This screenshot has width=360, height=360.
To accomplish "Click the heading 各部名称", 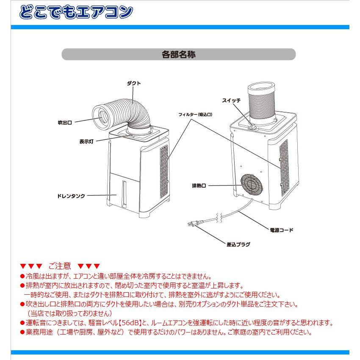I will point(178,55).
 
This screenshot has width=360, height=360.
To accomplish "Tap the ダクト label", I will point(133,83).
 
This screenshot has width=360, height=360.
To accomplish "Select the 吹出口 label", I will point(65,122).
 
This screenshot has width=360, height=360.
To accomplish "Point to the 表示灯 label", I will point(86,141).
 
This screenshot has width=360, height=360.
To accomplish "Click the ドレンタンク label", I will point(71,196).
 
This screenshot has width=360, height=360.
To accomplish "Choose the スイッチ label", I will point(231,100).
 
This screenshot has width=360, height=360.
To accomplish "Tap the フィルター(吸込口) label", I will point(195,114).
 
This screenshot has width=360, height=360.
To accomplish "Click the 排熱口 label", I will point(199,186).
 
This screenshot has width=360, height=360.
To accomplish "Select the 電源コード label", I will point(281,230).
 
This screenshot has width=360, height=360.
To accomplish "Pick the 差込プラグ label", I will point(238,244).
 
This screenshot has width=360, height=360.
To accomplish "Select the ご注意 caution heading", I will point(60,266).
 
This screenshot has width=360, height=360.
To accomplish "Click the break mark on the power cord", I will point(219,218).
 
